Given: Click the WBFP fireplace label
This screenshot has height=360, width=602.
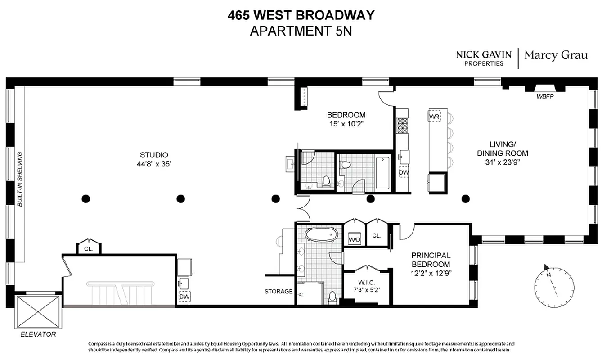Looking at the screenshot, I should point(544,96).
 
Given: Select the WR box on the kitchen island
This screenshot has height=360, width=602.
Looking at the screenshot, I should point(434,117).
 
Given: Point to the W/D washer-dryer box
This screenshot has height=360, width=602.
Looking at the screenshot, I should point(355,239).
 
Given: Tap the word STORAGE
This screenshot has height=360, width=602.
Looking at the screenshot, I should point(278,291).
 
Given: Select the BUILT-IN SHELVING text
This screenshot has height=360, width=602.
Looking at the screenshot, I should point(19,179).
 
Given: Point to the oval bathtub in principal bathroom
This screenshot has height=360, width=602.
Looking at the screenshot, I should point(320,234).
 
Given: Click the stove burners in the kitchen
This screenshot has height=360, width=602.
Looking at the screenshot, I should point(402,124).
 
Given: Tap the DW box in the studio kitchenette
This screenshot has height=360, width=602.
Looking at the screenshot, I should point(184,297).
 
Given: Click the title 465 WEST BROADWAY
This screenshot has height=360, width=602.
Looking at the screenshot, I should point(301,15).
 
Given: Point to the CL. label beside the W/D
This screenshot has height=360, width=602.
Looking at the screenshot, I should point(377,235).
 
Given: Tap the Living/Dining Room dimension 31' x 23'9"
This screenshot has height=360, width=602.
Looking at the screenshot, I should point(502,162).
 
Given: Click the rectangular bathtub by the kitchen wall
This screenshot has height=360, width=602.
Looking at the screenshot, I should point(383,172).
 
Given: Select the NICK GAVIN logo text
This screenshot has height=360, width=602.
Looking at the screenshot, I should point(484,54).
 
